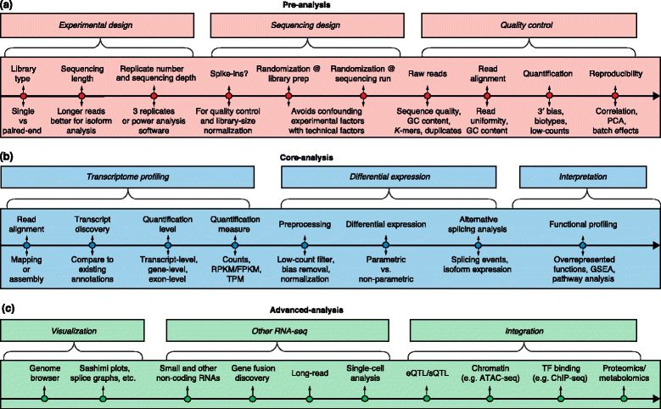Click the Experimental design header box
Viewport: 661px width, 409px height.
100,26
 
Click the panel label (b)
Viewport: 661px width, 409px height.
8,158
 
